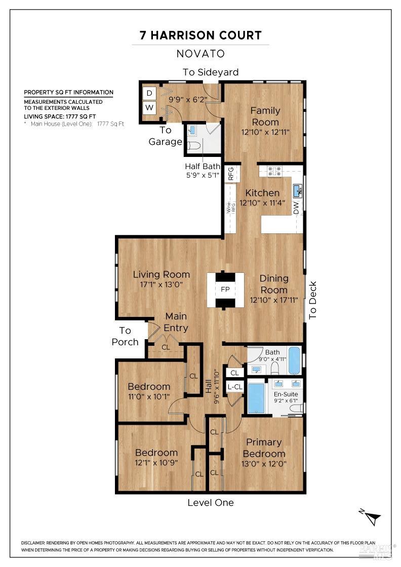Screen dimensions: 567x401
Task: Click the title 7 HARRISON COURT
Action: [x=200, y=35]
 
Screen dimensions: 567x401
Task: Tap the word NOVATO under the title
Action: [x=200, y=54]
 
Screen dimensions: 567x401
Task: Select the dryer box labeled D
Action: [x=149, y=93]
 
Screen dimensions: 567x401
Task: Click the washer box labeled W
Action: [x=149, y=107]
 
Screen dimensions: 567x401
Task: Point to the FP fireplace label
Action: [x=225, y=290]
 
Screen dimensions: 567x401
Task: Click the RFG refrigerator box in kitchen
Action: [x=231, y=174]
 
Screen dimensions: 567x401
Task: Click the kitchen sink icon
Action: [x=297, y=190]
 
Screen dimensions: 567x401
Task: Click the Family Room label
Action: [x=265, y=116]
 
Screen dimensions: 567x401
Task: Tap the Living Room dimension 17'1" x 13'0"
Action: [x=162, y=285]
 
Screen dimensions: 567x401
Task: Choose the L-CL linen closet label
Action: [x=234, y=387]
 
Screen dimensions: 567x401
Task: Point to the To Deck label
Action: [x=312, y=300]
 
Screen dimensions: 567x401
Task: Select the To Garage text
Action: [x=165, y=136]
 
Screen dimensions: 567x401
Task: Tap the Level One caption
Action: [x=211, y=503]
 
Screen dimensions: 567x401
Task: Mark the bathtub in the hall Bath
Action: [x=294, y=360]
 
